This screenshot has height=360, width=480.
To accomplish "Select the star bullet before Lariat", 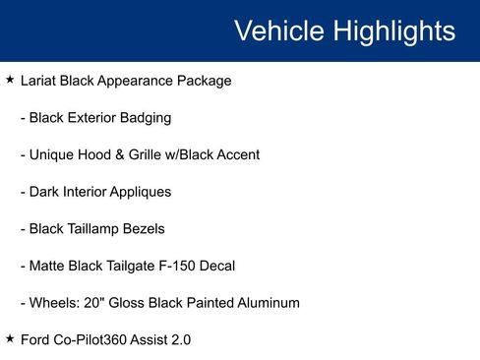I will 10,80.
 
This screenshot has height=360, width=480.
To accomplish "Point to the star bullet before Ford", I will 10,338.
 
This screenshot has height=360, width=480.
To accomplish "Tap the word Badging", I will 145,118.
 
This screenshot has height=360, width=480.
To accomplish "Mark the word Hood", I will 103,154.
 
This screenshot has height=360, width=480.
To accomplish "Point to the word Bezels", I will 146,228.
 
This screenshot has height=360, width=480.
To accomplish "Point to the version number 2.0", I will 180,339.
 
